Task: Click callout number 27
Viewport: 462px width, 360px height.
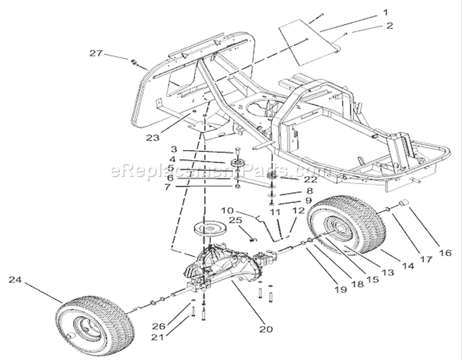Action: coord(96,54)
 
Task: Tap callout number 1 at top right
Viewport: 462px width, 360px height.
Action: coord(386,12)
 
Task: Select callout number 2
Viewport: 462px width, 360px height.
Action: coord(389,26)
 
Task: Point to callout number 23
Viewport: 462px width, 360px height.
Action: coord(153,137)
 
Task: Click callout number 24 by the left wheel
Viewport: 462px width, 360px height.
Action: coord(15,279)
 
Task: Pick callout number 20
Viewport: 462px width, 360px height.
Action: coord(266,329)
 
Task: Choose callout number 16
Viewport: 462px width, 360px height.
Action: coord(445,252)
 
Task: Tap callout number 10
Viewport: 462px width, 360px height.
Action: coord(227,210)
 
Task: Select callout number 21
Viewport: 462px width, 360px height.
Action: coord(157,337)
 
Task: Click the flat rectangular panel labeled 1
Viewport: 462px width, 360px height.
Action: coord(309,42)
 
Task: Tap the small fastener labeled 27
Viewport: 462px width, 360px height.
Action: coord(134,62)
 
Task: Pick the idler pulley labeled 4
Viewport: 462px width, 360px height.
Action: coord(237,163)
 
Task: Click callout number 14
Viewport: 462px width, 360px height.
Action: coord(408,266)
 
